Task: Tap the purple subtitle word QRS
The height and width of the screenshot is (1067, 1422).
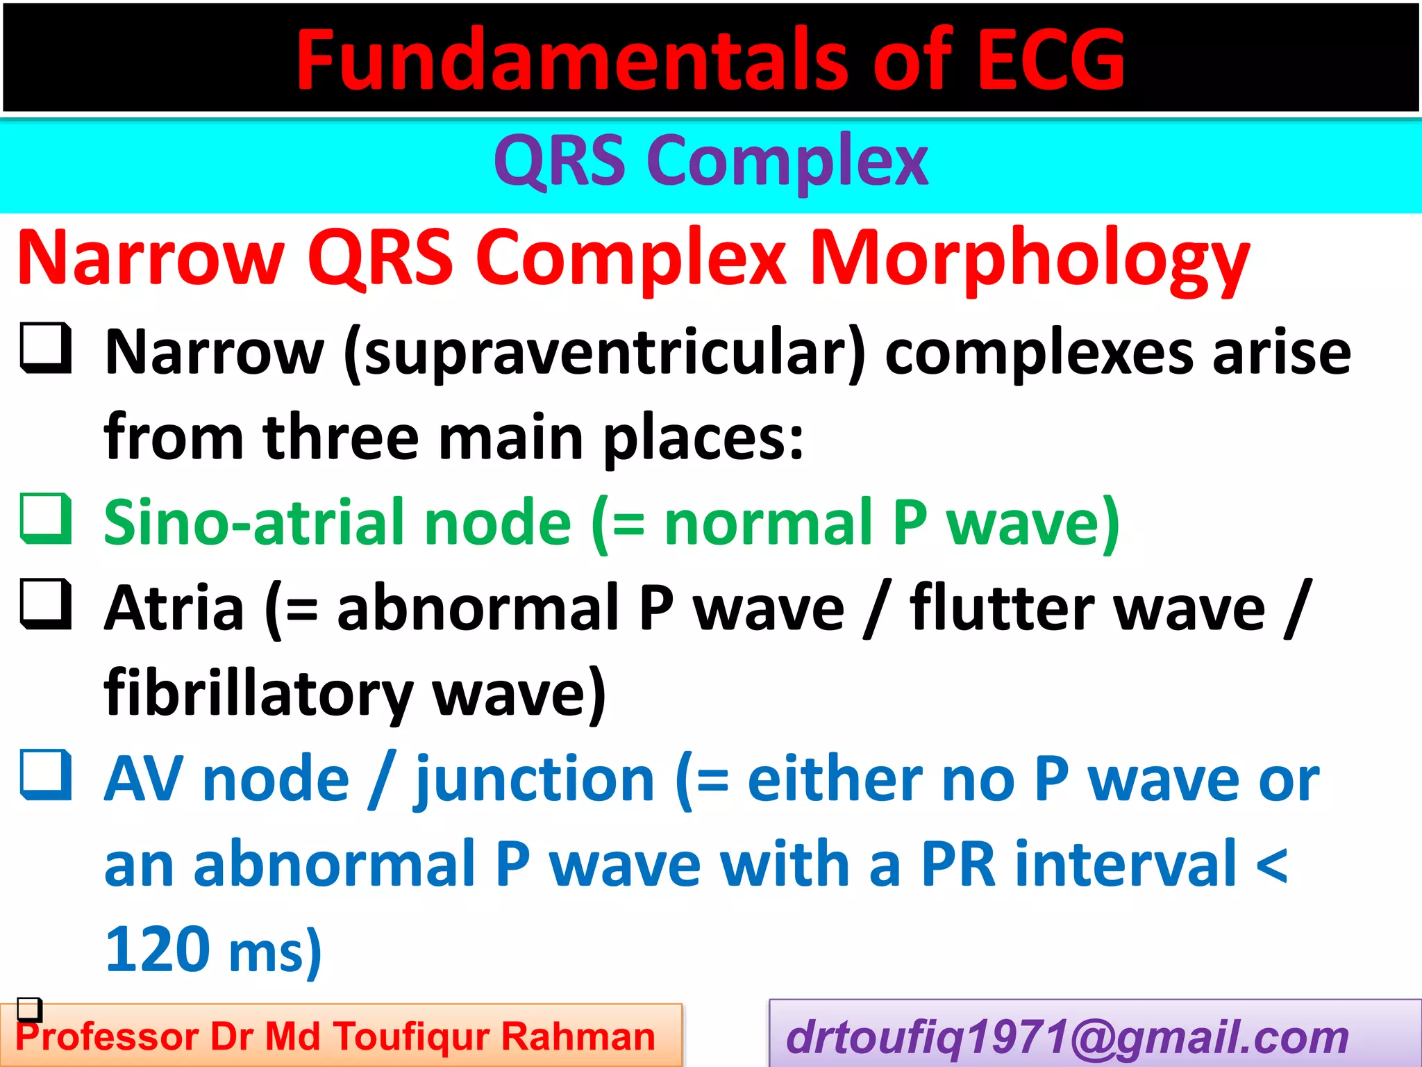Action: click(559, 161)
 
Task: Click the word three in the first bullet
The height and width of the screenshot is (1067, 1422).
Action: click(340, 438)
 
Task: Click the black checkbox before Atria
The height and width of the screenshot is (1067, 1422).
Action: click(46, 604)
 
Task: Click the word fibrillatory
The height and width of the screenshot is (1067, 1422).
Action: click(258, 693)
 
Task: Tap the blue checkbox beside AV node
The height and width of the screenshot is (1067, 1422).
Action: click(46, 775)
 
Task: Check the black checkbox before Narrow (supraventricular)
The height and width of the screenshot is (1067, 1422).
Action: click(46, 348)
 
